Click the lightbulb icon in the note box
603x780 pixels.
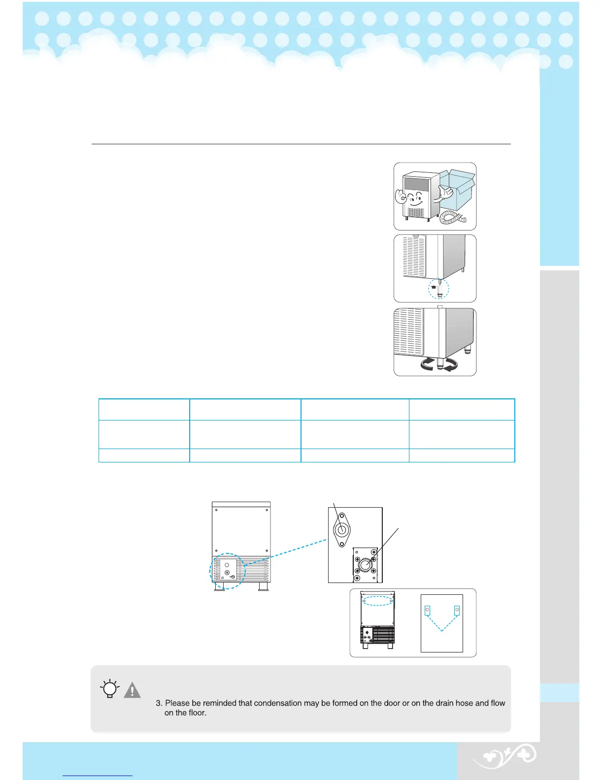click(109, 689)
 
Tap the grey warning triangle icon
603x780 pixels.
click(132, 690)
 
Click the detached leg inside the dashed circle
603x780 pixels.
click(439, 290)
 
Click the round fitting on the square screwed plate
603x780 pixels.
click(366, 565)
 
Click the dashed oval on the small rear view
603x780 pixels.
click(377, 601)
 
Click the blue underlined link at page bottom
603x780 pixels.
click(98, 776)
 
